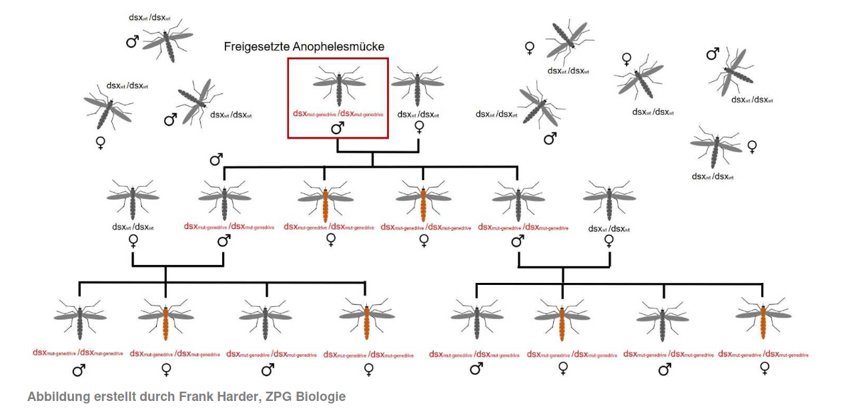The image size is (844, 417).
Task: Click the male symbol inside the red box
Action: tap(338, 128)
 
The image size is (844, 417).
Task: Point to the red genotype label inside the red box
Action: tap(338, 113)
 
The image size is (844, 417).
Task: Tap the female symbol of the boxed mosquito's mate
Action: tap(419, 127)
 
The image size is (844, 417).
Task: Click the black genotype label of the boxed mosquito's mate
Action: tap(418, 114)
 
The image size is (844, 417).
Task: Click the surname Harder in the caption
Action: tap(236, 397)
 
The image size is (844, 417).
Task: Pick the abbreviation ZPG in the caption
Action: tap(274, 397)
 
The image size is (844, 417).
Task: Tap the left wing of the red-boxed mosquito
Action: tap(325, 83)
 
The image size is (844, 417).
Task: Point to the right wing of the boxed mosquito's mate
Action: tap(432, 83)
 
